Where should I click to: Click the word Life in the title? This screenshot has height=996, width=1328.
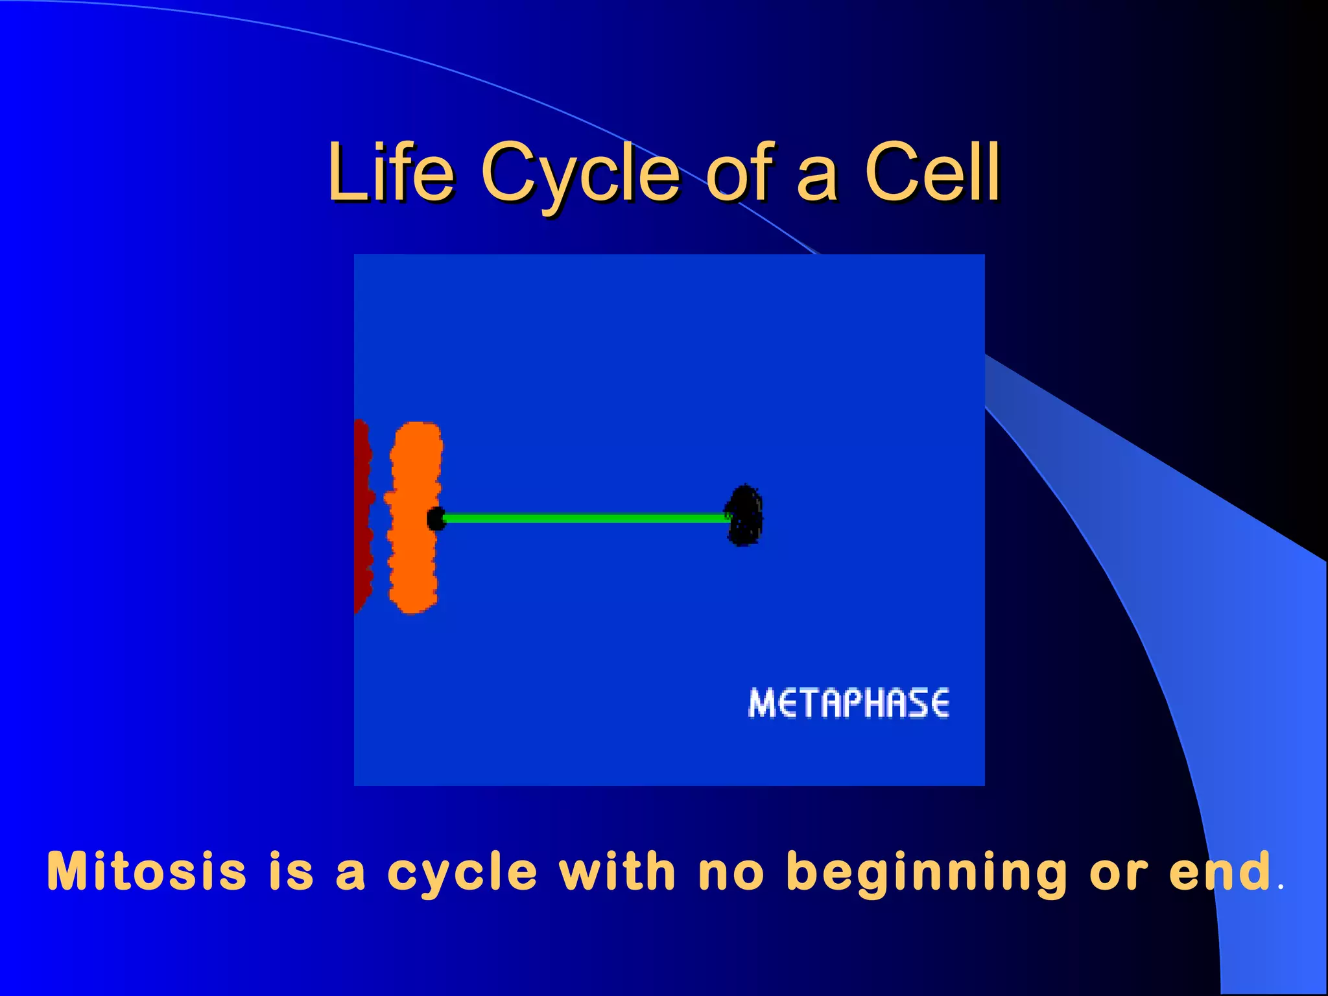(x=391, y=172)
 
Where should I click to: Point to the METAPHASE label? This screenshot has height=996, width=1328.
(x=849, y=704)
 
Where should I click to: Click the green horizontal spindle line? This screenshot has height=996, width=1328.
(x=584, y=518)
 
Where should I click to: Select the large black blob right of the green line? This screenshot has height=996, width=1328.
(x=744, y=516)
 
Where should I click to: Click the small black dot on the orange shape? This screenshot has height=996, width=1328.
(x=436, y=519)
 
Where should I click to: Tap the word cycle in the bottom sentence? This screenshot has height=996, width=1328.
(x=462, y=872)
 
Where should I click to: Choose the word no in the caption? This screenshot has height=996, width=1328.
(x=731, y=872)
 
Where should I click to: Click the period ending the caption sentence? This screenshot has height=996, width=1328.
(x=1279, y=888)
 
